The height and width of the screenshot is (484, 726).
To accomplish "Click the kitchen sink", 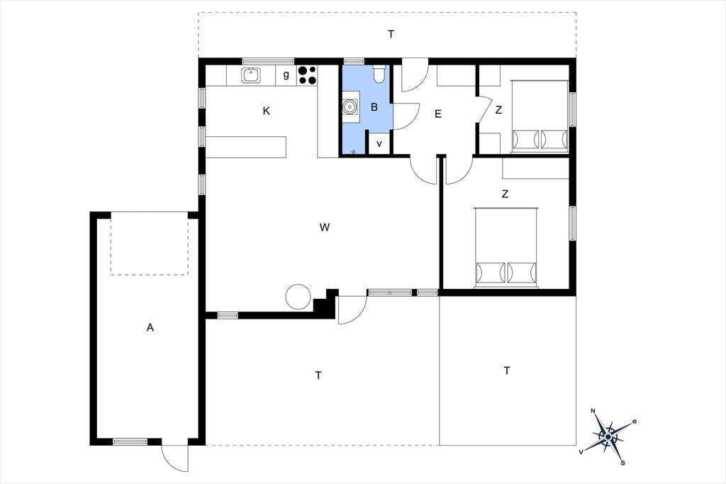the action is coord(250,75).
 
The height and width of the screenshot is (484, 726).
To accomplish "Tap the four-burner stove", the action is coord(307,75).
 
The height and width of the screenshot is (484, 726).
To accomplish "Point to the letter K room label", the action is coord(267,111).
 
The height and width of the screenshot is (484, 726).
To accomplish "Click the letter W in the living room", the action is coord(325,227).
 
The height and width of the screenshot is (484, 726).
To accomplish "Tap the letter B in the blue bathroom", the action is coord(374,107).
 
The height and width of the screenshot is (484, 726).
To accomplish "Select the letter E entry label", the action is coord(438,114).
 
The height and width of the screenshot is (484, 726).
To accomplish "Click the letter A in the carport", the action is coord(150,328).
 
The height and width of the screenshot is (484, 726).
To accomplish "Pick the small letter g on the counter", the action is coord(286,75).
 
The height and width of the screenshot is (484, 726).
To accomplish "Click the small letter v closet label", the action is coord(379,144).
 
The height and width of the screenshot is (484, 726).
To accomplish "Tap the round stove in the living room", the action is coord(297,297).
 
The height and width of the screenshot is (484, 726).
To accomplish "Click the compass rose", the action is coord(608,436).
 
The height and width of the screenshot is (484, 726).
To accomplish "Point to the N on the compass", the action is coord(593,411).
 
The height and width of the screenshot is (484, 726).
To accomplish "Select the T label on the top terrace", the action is coord(391,34).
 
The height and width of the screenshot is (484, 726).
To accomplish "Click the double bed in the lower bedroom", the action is coord(506,248).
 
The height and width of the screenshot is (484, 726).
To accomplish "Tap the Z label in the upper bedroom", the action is coord(498,110).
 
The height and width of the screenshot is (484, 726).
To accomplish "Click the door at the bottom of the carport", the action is coord(175,458).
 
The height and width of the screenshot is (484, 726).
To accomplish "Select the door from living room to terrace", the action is coord(352,309).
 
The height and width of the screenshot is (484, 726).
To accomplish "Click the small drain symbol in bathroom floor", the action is coord(353,152).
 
